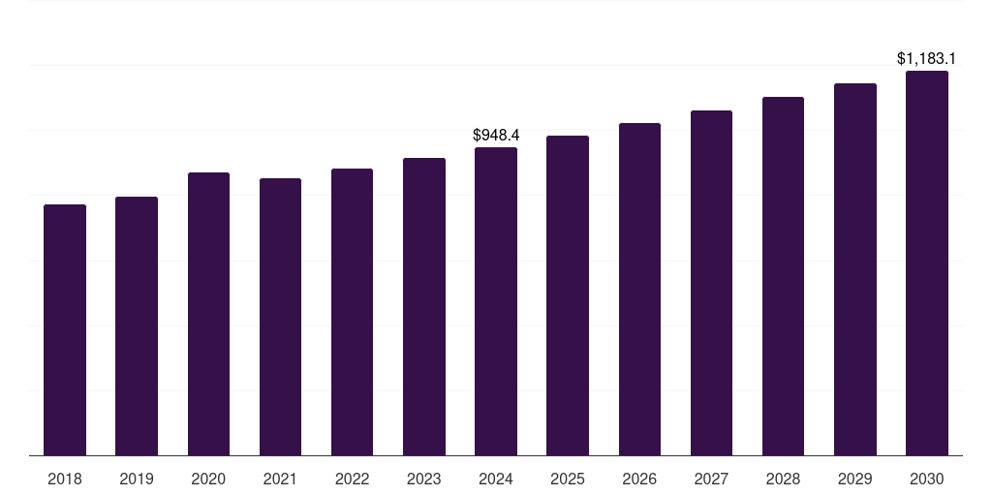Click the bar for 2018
pos(65,329)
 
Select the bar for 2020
pos(208,314)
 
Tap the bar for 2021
pos(280,317)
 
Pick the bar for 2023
pos(424,306)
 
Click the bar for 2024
pos(496,301)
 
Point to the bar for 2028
pos(783,276)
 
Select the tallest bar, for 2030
pos(927,263)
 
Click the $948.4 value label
pos(496,136)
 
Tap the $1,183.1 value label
pos(927,59)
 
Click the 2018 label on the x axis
pos(65,479)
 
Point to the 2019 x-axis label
pos(137,479)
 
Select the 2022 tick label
pos(352,479)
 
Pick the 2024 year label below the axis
pos(496,479)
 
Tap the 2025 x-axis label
pos(568,479)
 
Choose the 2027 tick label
pos(711,479)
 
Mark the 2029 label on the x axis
pos(855,479)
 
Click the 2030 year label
pos(927,479)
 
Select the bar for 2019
pos(137,325)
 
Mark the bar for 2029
pos(855,269)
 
